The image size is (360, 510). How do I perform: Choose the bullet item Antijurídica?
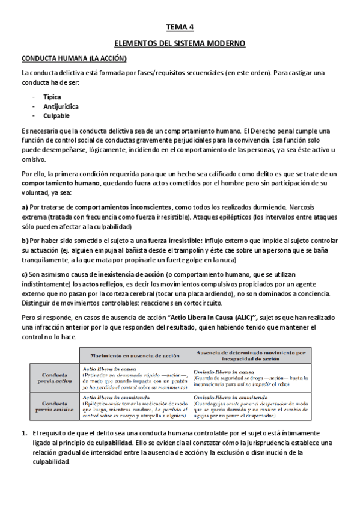click(61, 106)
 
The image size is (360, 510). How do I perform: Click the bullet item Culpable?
click(56, 115)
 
